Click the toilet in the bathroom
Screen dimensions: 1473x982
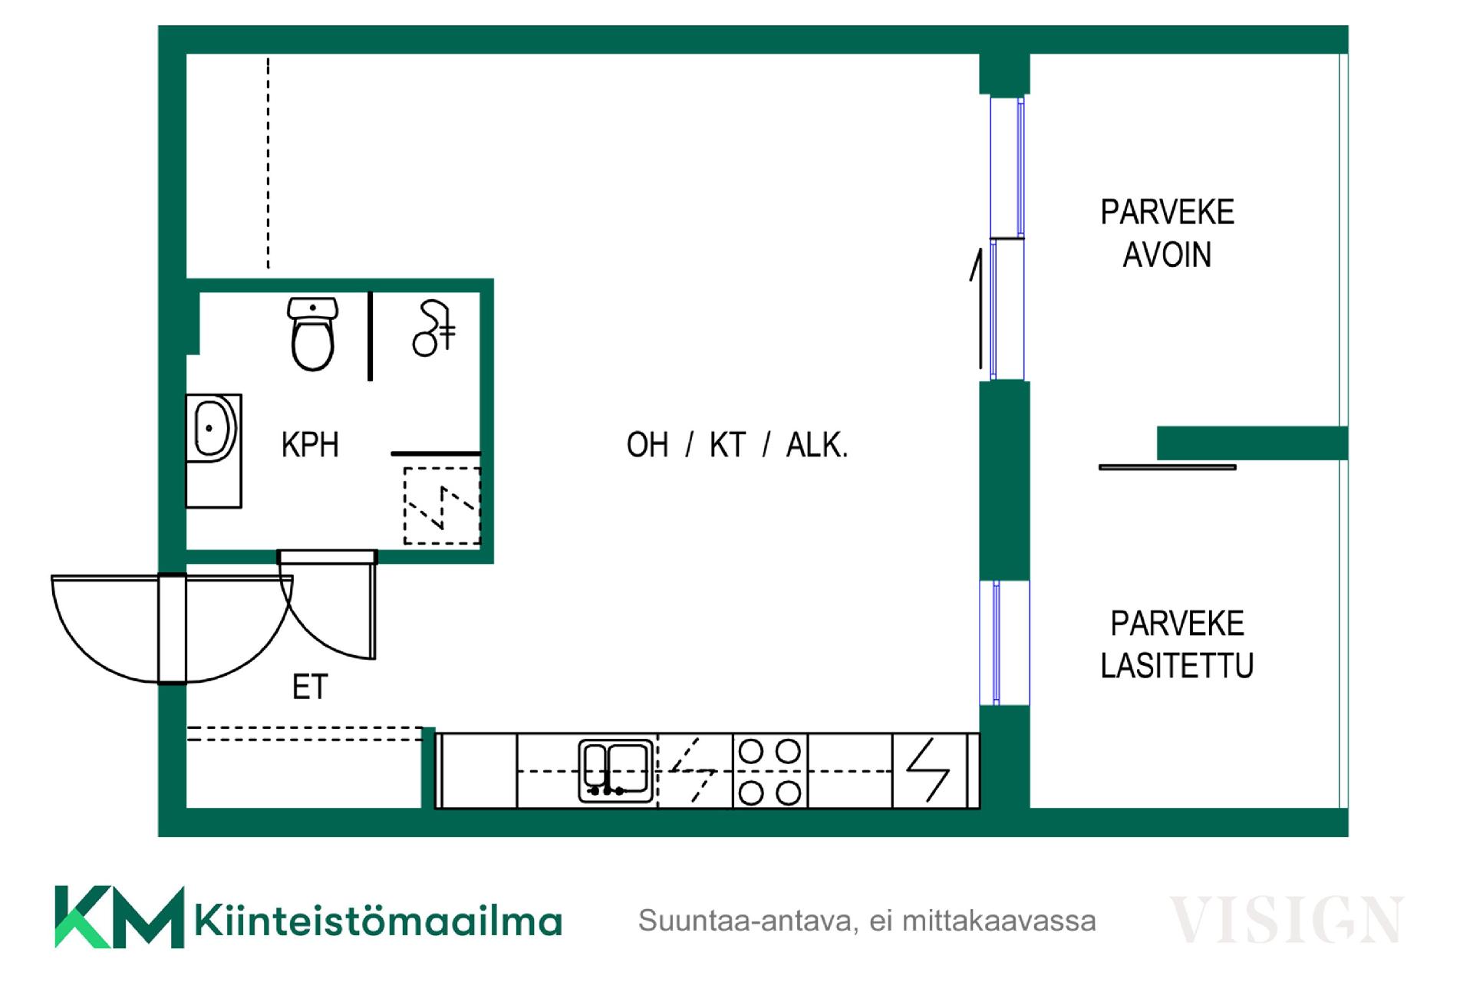312,334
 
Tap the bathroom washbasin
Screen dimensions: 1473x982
214,428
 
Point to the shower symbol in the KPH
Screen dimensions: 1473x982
434,328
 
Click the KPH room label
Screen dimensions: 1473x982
310,445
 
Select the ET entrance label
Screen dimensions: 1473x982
310,687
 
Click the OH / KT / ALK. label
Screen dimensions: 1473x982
737,445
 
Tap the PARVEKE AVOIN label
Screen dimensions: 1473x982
1167,233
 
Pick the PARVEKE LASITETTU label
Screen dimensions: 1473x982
1177,644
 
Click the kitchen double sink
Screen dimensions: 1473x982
616,770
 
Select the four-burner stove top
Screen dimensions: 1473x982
769,771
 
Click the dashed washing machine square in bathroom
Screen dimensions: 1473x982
442,506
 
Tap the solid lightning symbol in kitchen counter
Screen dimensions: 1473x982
928,770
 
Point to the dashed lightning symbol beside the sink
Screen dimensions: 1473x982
694,770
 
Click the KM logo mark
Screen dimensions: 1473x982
119,917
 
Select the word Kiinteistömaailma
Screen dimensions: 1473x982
379,921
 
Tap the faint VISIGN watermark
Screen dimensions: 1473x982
1286,920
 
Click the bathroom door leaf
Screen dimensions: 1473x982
373,606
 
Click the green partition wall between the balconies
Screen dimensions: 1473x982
1252,443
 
